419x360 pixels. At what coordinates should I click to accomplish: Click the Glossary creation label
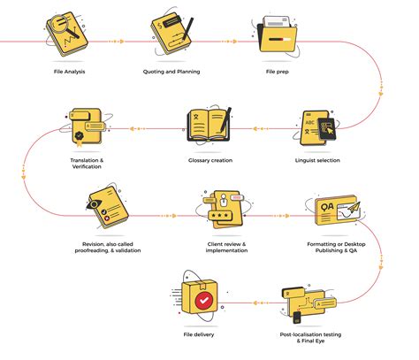(209, 160)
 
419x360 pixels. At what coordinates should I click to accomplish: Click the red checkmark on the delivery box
(204, 301)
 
